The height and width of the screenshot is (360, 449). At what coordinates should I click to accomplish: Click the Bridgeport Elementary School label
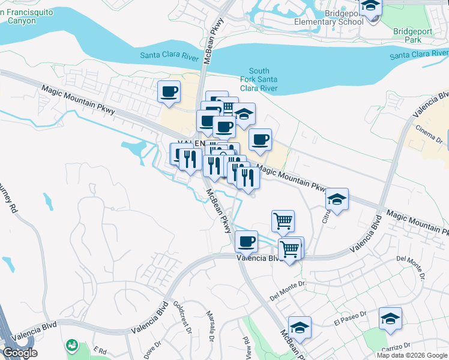point(328,17)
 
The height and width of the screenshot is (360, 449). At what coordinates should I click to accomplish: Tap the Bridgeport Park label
point(410,35)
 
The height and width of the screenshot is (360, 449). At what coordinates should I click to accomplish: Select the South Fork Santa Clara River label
point(262,80)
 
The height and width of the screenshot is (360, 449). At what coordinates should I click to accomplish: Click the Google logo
point(19,353)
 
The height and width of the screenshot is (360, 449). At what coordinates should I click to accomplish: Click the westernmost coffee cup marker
point(169,92)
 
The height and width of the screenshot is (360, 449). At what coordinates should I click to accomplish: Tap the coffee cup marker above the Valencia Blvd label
point(246,242)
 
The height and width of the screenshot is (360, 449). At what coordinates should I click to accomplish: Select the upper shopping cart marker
point(283,220)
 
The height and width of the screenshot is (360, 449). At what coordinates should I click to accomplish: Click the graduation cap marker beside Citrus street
point(337,200)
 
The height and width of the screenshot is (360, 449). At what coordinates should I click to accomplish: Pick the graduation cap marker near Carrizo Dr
point(390,319)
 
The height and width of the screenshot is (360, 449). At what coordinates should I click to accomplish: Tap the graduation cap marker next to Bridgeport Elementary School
point(371,7)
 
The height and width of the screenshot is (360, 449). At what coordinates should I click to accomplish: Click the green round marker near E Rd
point(73,345)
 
